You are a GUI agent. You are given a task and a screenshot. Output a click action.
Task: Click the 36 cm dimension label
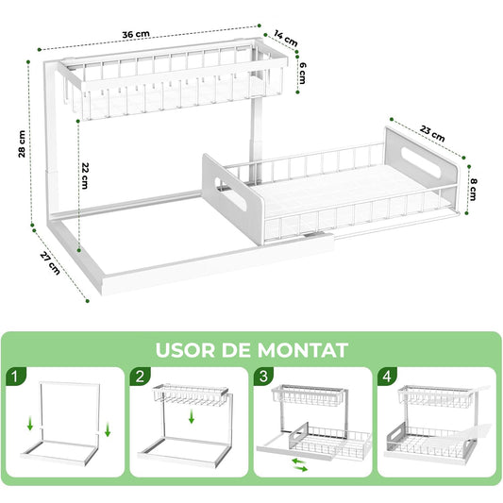pyautogui.click(x=136, y=35)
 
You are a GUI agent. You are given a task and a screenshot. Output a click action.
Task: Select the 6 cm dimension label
pyautogui.click(x=303, y=74)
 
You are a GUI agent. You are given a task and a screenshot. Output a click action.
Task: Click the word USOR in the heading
pyautogui.click(x=189, y=351)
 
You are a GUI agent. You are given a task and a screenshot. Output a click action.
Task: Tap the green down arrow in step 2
pyautogui.click(x=193, y=417)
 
